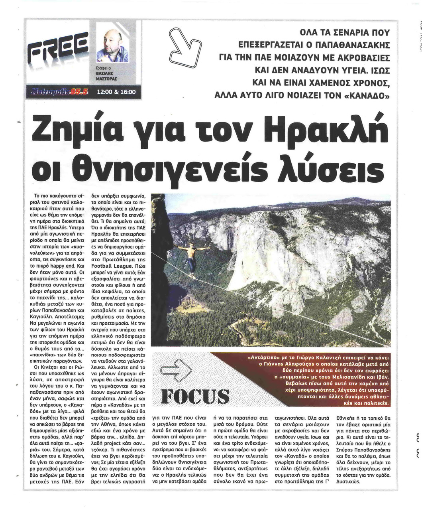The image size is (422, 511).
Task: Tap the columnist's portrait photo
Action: (x=113, y=44)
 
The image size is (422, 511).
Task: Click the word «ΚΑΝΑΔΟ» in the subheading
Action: (x=361, y=96)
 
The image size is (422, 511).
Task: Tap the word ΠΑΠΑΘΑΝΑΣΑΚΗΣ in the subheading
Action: (x=350, y=44)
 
